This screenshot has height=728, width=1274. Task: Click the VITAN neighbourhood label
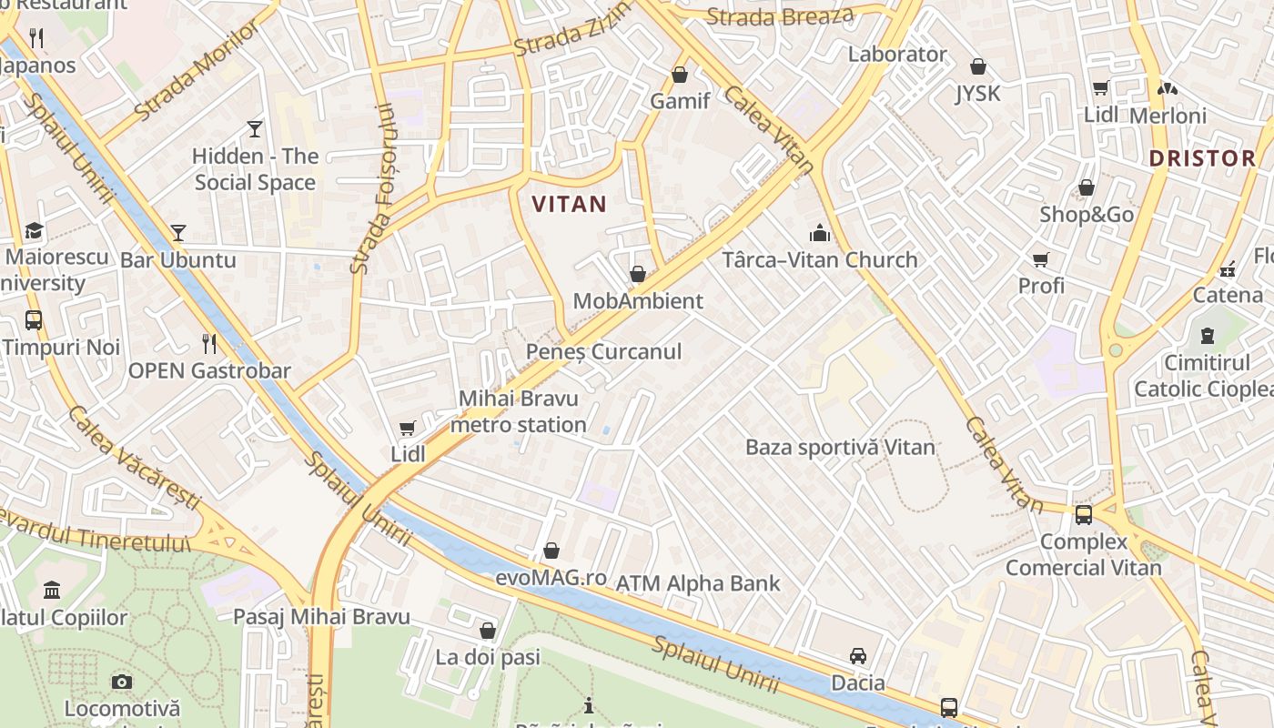(569, 204)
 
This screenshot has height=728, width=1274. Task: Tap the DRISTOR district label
(1201, 158)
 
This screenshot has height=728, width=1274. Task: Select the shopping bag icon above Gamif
(680, 75)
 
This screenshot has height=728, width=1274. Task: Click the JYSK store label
(977, 93)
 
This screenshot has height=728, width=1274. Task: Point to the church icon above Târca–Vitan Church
(820, 233)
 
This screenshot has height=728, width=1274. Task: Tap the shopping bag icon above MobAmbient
(638, 274)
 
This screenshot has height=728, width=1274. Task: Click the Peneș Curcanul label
(603, 351)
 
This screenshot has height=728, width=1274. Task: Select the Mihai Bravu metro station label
(519, 411)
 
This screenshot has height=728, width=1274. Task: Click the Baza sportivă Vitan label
(840, 447)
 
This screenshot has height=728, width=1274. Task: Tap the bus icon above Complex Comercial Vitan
(1083, 515)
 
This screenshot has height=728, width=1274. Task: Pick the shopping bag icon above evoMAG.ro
(551, 551)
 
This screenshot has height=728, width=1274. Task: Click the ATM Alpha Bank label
(698, 583)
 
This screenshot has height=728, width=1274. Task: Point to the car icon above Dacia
(857, 656)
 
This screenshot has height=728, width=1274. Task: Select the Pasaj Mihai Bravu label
(321, 616)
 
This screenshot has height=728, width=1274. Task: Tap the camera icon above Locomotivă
(121, 682)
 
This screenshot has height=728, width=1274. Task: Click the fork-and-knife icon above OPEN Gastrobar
(209, 343)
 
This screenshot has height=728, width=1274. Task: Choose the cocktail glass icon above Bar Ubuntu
(178, 233)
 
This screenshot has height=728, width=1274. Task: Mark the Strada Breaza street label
(780, 16)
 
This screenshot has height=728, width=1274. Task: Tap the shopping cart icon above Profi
(1041, 259)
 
